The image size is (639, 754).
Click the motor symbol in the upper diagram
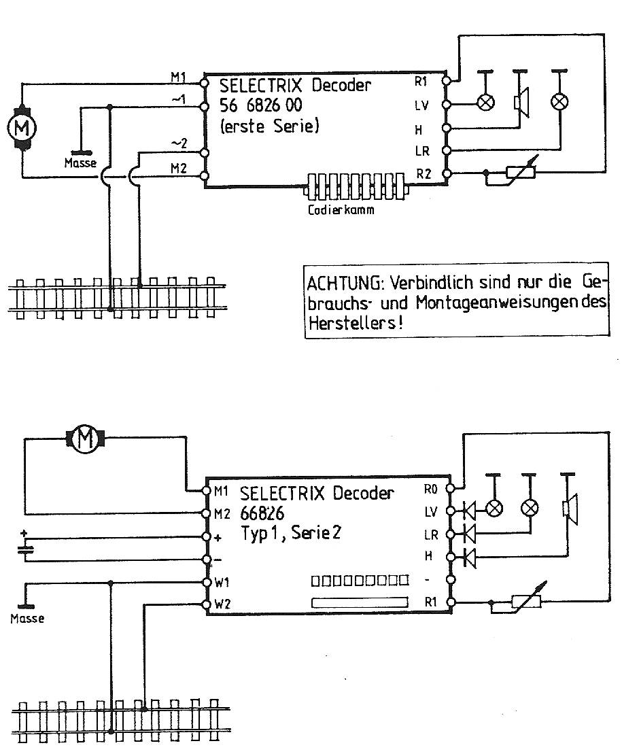(22, 126)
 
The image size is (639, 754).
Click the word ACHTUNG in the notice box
(339, 283)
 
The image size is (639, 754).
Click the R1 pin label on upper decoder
(421, 81)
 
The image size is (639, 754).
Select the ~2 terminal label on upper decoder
(179, 143)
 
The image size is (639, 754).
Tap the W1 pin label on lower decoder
(222, 583)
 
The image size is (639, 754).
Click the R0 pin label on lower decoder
(429, 489)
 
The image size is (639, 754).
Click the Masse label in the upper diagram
(80, 163)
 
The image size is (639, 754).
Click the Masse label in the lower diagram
(27, 619)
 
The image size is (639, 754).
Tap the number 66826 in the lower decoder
(262, 513)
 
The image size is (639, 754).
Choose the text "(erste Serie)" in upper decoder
(269, 126)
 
